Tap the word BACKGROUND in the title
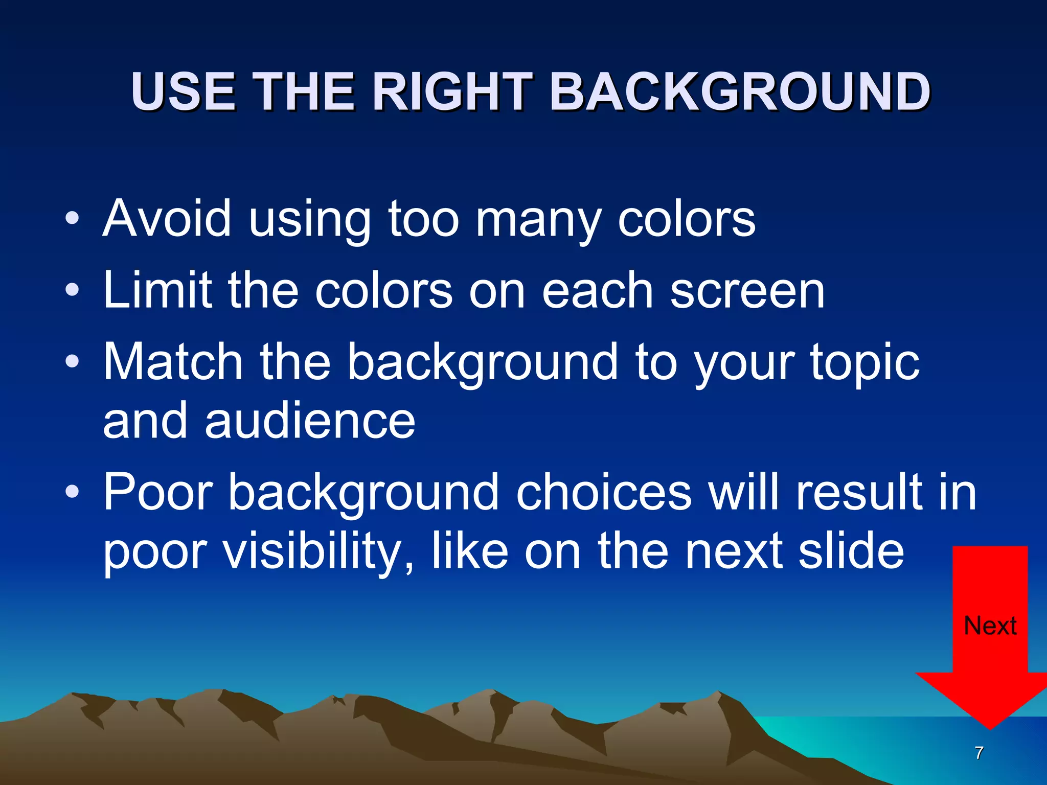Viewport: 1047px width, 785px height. point(740,92)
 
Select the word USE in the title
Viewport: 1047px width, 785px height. point(183,92)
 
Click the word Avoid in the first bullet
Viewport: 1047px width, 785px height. point(167,219)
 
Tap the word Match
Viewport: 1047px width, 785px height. point(173,362)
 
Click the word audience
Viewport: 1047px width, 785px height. point(310,421)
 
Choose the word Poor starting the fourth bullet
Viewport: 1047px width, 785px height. point(158,492)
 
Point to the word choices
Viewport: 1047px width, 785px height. point(604,492)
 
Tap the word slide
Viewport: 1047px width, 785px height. point(851,551)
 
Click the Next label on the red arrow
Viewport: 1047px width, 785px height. point(990,626)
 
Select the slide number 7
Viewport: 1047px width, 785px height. point(979,753)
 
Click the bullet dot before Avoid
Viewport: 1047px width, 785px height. point(72,219)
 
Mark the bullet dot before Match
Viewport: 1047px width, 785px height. point(72,362)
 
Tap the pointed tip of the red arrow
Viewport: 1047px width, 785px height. point(990,727)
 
